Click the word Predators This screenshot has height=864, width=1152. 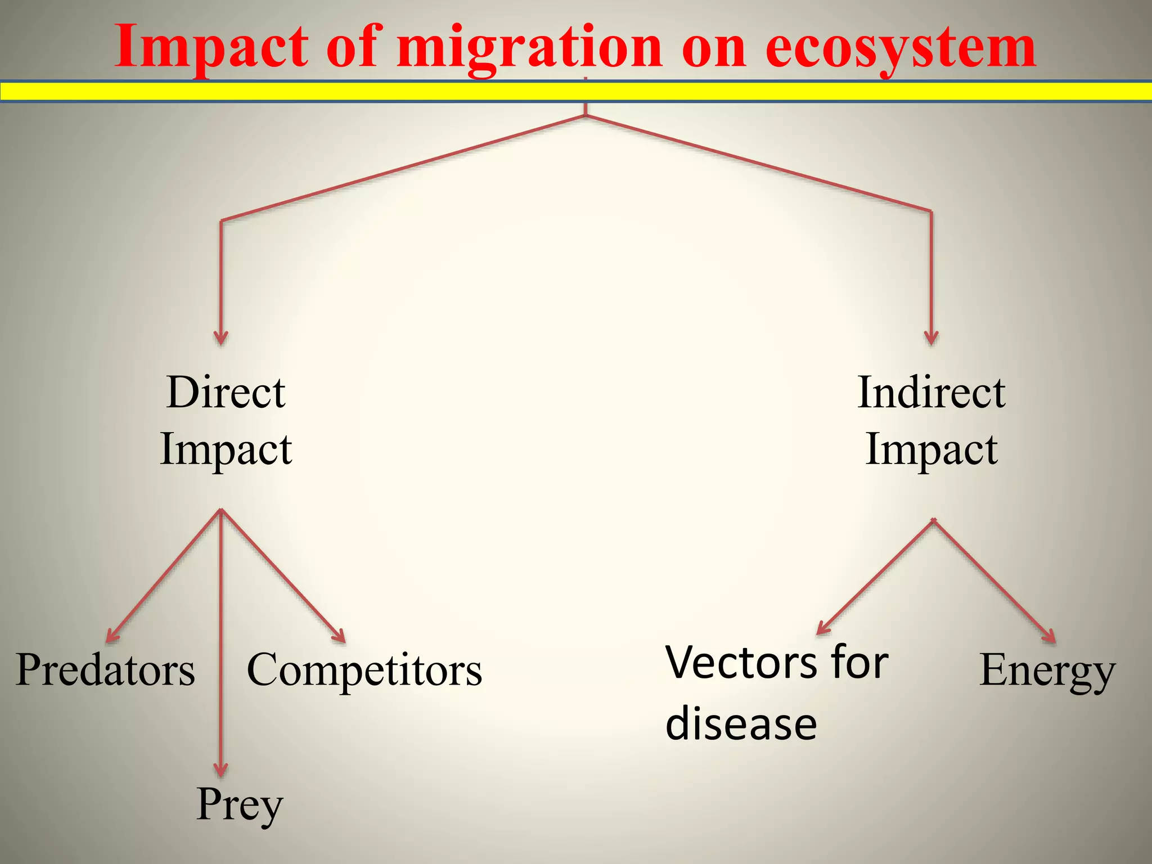tap(105, 670)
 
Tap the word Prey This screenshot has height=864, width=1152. tap(240, 805)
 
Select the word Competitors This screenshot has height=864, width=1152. tap(364, 670)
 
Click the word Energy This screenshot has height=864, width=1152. tap(1047, 670)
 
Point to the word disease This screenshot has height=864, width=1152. tap(741, 724)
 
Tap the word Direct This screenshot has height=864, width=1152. tap(226, 392)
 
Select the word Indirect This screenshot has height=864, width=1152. tap(931, 392)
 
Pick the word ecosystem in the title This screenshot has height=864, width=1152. tap(901, 47)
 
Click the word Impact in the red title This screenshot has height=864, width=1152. tap(212, 47)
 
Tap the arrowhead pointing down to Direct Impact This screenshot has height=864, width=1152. tap(221, 338)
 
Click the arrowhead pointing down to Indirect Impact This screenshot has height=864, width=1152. tap(931, 338)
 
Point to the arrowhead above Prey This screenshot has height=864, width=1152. tap(221, 769)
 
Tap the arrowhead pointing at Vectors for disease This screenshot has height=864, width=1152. tap(822, 629)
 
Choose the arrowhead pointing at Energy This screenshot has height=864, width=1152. tap(1050, 637)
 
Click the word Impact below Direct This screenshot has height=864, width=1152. tap(226, 449)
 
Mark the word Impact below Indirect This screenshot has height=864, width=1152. tap(931, 449)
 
